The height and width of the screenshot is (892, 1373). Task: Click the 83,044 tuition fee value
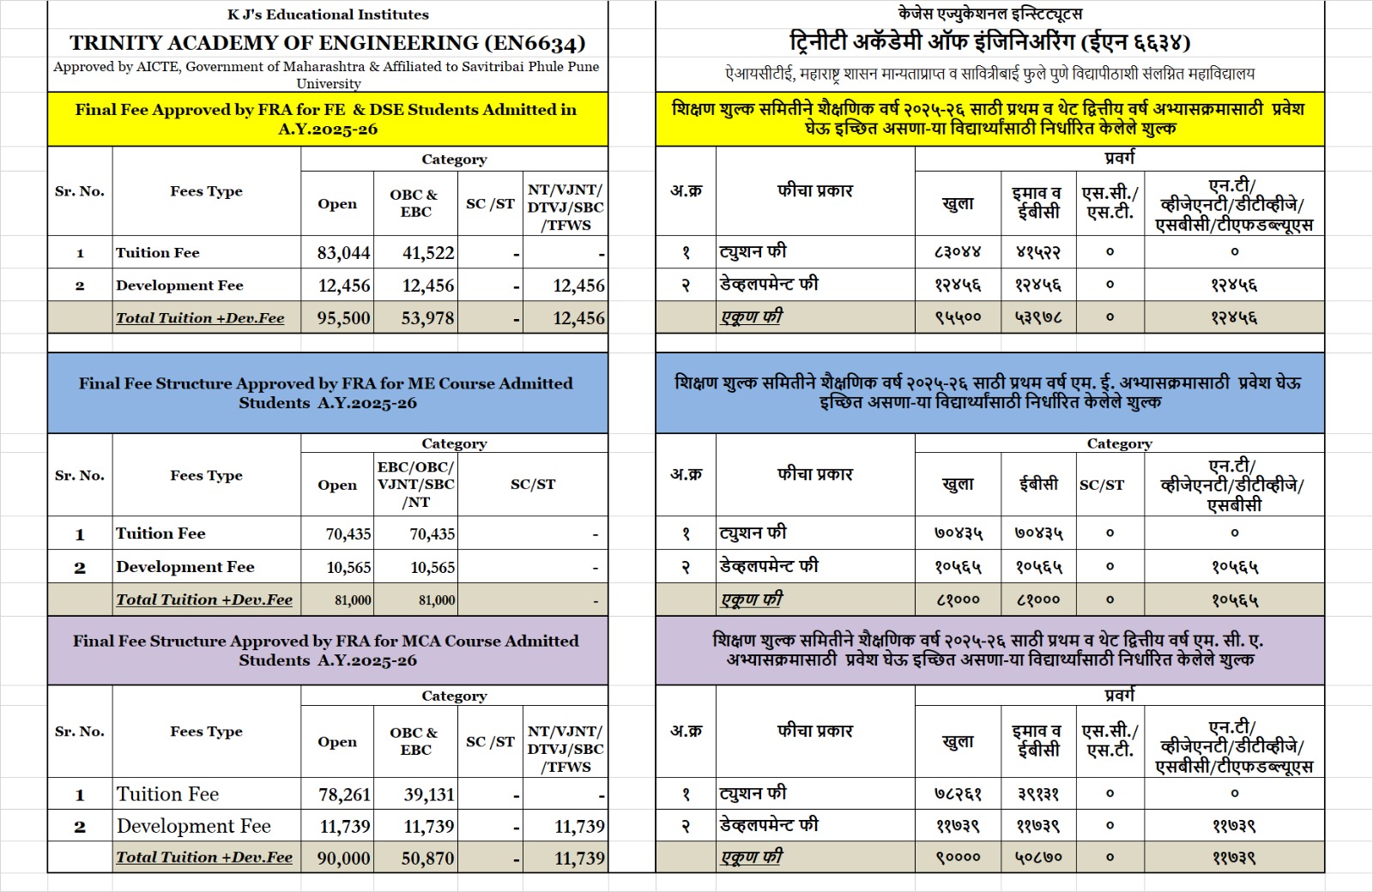point(344,253)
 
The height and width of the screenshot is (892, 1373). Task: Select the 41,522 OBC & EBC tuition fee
point(428,253)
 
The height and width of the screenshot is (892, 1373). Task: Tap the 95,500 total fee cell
point(344,318)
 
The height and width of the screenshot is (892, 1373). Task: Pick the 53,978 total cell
point(428,318)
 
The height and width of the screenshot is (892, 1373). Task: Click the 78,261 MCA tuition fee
point(344,795)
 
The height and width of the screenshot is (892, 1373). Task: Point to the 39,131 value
point(429,795)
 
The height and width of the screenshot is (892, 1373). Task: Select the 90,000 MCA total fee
point(344,859)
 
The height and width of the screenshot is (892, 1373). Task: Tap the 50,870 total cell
point(428,859)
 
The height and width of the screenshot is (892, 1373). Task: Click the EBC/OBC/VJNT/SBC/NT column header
point(416,485)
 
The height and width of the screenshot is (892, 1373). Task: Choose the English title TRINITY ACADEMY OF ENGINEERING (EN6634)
point(328,43)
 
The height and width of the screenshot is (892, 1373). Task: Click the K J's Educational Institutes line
point(328,15)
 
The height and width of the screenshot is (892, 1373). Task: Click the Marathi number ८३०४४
point(958,252)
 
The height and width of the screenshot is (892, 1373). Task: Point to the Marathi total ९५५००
point(958,317)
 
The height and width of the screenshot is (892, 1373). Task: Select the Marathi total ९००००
point(958,857)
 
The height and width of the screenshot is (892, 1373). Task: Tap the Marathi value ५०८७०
point(1038,857)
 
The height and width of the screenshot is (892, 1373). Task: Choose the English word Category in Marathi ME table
point(1119,443)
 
